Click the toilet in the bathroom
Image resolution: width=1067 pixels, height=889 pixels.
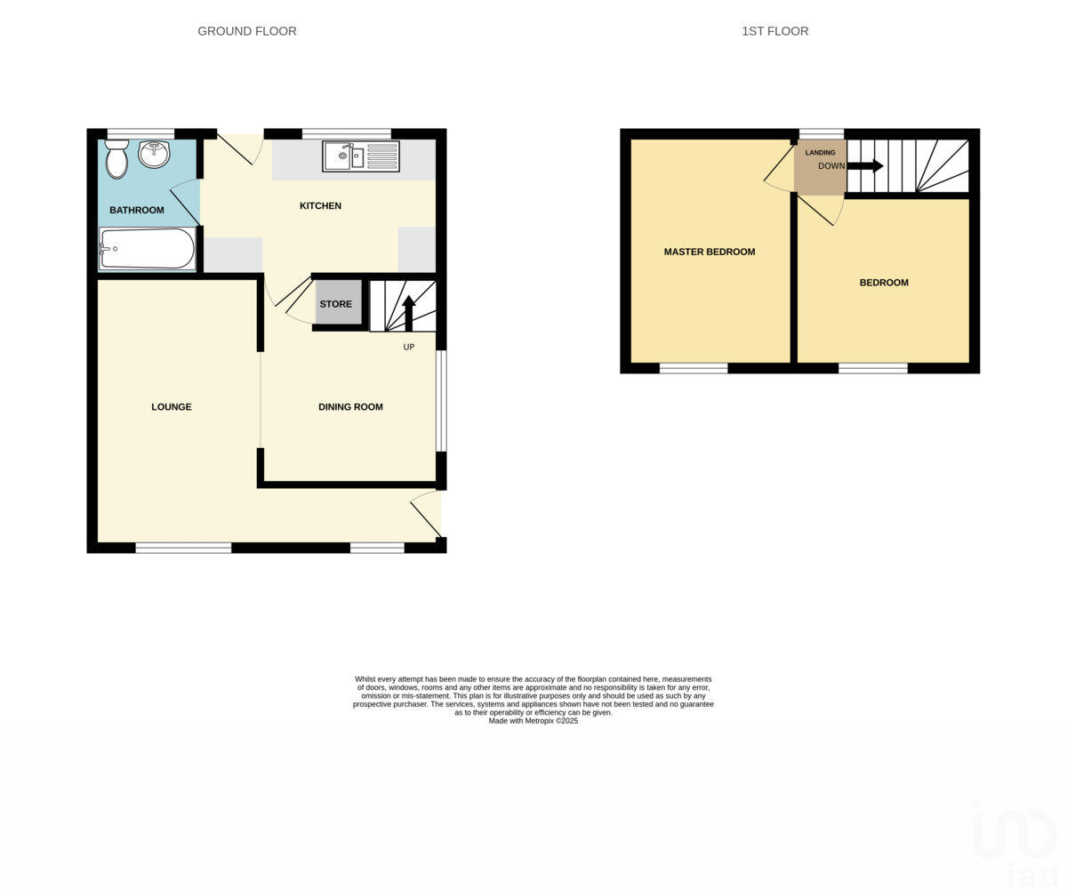[116, 159]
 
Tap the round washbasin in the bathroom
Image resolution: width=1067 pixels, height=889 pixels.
[154, 154]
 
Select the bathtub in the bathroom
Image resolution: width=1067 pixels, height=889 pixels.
[147, 249]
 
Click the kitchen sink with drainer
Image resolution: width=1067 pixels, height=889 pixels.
[361, 156]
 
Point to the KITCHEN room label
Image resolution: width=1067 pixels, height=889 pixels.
[320, 206]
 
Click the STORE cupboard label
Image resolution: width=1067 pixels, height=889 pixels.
[336, 304]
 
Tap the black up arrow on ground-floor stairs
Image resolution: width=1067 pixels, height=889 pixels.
[409, 312]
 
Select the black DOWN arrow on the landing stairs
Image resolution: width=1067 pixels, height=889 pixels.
[865, 165]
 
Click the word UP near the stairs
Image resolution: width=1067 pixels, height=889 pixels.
[409, 348]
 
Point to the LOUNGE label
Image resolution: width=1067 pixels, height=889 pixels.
[172, 407]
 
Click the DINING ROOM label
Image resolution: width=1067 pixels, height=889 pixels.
[350, 407]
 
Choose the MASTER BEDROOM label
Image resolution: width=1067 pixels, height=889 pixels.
[710, 252]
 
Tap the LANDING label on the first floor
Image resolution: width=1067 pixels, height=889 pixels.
[820, 153]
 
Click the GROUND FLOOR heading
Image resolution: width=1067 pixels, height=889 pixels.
[247, 31]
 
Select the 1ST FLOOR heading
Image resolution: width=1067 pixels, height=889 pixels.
[775, 31]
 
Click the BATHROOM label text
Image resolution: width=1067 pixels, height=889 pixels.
[137, 211]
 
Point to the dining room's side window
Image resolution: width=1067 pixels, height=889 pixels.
[441, 401]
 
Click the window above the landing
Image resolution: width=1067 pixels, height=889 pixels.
[821, 134]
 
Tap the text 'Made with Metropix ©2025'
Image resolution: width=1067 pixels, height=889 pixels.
[533, 721]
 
